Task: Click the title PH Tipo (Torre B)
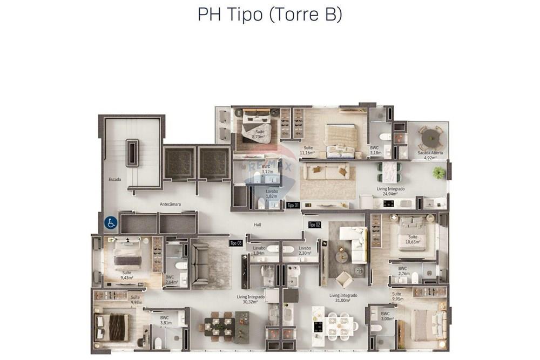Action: coord(269,15)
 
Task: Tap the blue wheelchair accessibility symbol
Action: coord(110,222)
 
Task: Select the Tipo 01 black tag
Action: coord(293,205)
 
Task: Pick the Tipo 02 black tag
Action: coord(314,225)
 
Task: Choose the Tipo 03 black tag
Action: coord(236,243)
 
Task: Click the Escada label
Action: coord(114,179)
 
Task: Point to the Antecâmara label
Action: coord(170,204)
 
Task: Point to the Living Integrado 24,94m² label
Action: coord(390,192)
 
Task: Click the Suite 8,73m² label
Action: coord(260,134)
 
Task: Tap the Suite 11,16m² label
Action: coord(308,151)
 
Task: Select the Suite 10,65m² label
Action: coord(413,240)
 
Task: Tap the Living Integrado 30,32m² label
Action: coord(251,300)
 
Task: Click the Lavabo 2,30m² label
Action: coord(305,250)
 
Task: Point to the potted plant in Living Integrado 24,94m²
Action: coord(439,173)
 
